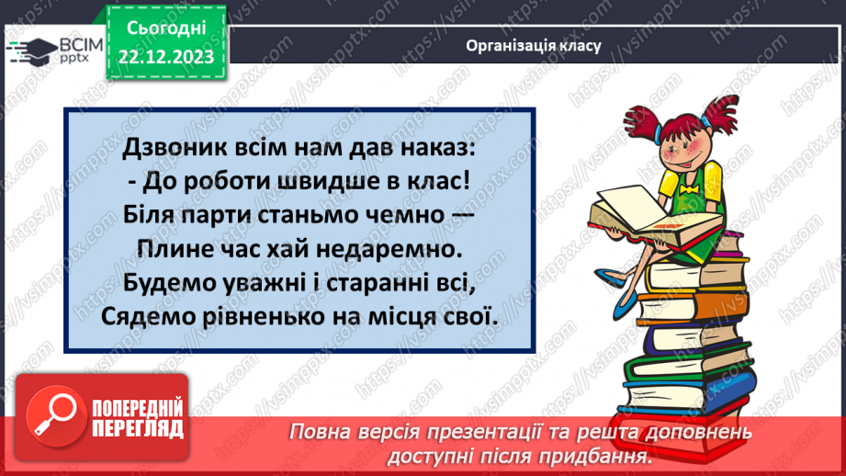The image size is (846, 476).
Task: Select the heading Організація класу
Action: (x=533, y=45)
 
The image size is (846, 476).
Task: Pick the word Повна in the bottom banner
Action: (x=318, y=433)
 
